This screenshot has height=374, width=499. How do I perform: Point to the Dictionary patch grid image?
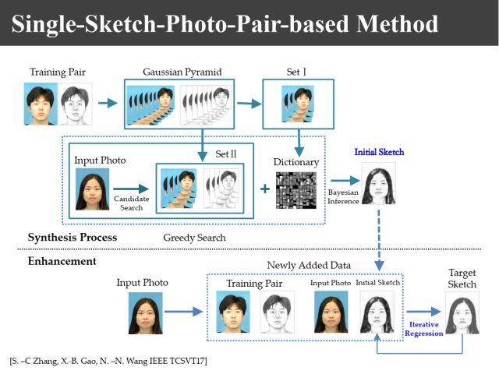coord(296,192)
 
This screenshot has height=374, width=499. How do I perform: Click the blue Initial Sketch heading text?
coord(380,152)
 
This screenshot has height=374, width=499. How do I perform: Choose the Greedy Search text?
coord(194,237)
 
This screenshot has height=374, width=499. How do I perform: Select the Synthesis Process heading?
coord(73,237)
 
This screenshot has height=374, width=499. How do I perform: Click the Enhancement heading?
coord(62,261)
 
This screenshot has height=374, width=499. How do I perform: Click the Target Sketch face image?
coord(462,314)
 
